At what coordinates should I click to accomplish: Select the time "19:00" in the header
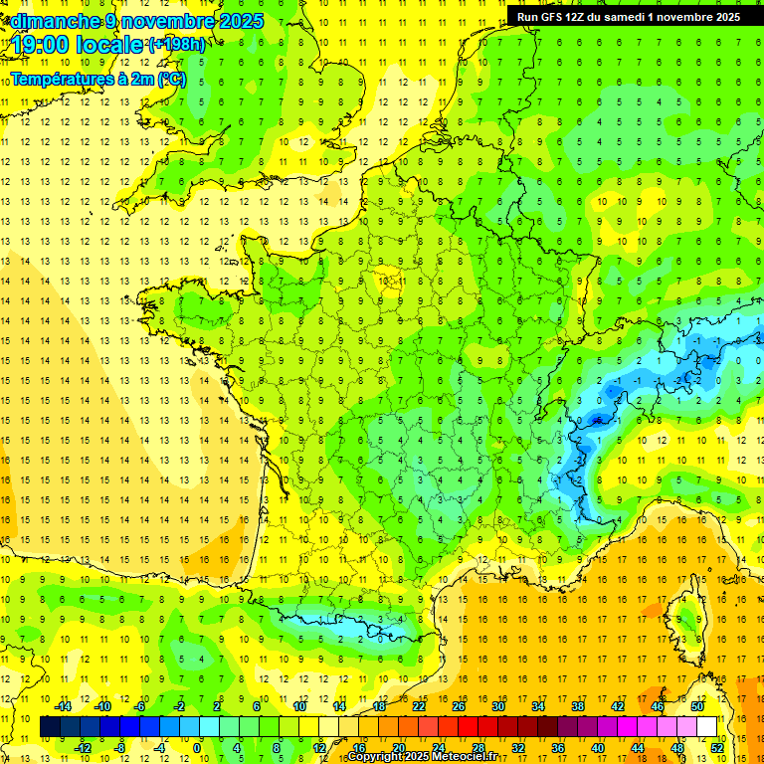(39, 45)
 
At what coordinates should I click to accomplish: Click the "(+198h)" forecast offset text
(177, 45)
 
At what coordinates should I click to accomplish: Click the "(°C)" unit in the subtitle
(170, 79)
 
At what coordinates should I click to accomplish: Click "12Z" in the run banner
(584, 16)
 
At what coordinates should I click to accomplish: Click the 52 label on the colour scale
(717, 748)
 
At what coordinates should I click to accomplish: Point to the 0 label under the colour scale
(196, 748)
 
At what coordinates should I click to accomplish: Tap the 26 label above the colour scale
(459, 706)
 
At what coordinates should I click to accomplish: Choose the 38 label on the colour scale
(577, 706)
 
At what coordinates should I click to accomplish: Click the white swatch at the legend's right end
(706, 727)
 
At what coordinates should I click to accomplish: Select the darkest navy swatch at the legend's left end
(50, 727)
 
